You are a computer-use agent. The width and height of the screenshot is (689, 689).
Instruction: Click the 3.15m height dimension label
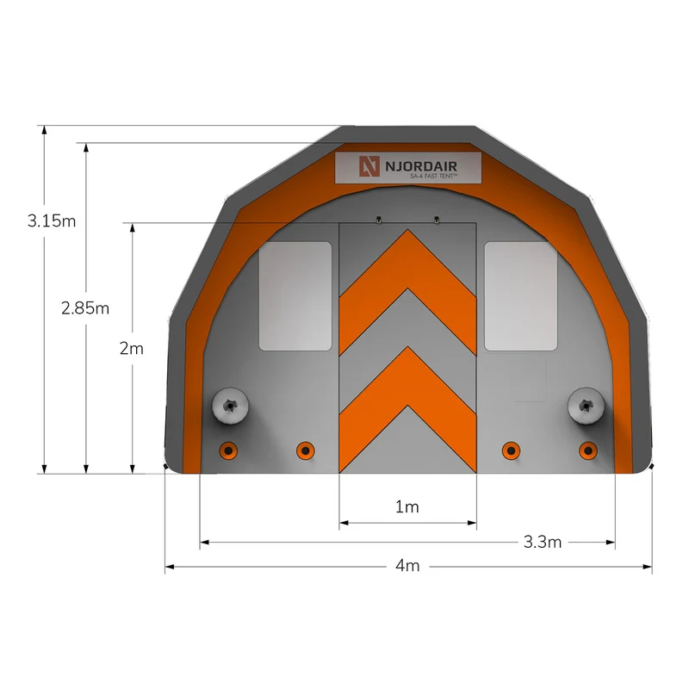pyautogui.click(x=52, y=220)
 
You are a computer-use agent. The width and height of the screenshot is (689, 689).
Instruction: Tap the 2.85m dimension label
pyautogui.click(x=85, y=308)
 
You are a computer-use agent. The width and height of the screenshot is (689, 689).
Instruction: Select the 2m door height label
pyautogui.click(x=132, y=349)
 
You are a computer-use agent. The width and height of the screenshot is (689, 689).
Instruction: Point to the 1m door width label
pyautogui.click(x=407, y=506)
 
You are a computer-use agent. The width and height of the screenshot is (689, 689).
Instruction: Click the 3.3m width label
pyautogui.click(x=543, y=542)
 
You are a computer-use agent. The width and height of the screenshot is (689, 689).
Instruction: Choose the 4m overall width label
pyautogui.click(x=407, y=566)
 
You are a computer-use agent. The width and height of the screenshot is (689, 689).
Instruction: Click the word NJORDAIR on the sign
pyautogui.click(x=421, y=166)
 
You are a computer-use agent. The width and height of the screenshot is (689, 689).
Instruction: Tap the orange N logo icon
pyautogui.click(x=369, y=166)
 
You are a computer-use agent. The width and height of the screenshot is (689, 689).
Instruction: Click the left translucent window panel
pyautogui.click(x=295, y=296)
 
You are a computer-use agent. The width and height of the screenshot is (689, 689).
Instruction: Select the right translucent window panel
pyautogui.click(x=521, y=296)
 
